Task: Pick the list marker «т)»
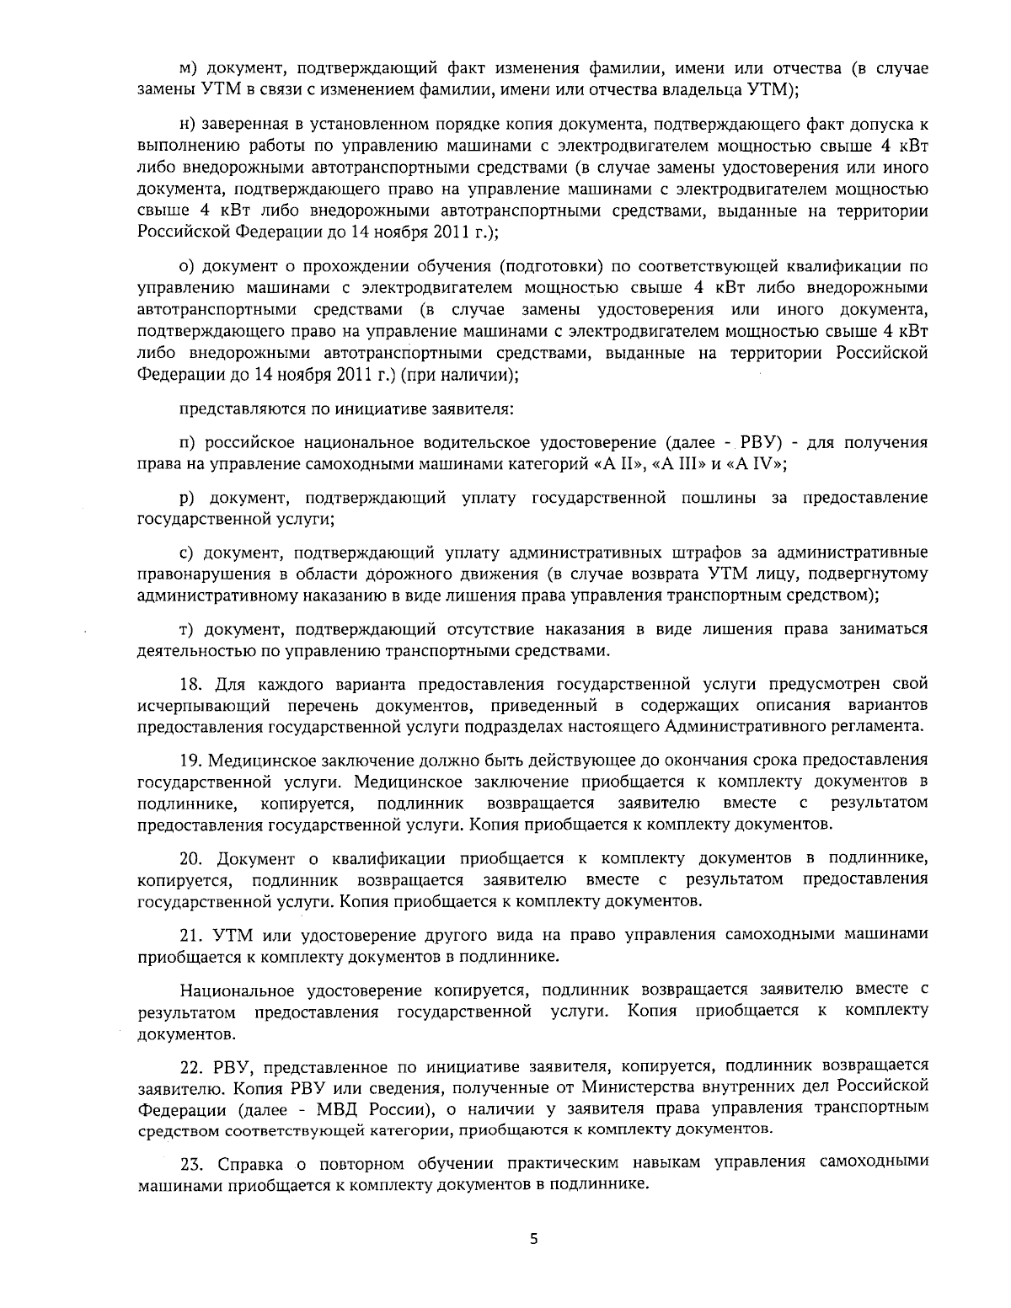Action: pos(188,629)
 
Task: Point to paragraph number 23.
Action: pos(192,1163)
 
